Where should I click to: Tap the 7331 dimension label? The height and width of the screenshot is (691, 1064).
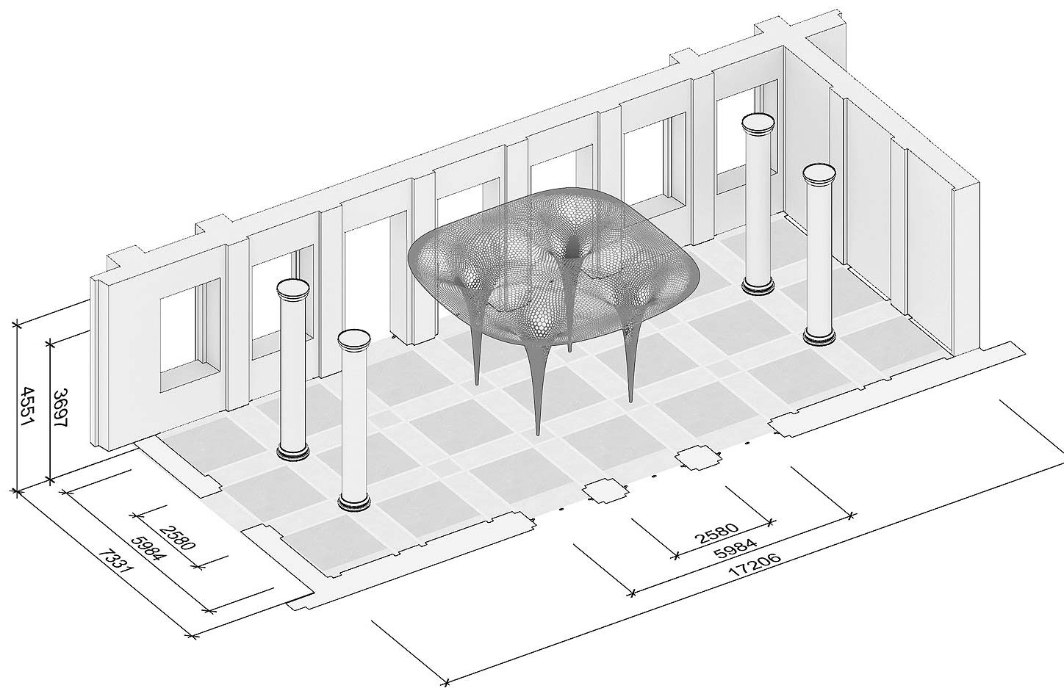[114, 571]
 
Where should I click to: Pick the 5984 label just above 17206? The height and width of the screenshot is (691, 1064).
[735, 553]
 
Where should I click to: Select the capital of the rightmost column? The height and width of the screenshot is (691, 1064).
[819, 174]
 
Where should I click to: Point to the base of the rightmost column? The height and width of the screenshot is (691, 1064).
[819, 337]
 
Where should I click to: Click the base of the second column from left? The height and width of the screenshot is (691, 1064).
[354, 502]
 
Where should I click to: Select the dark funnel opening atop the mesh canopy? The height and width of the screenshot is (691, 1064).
[572, 247]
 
